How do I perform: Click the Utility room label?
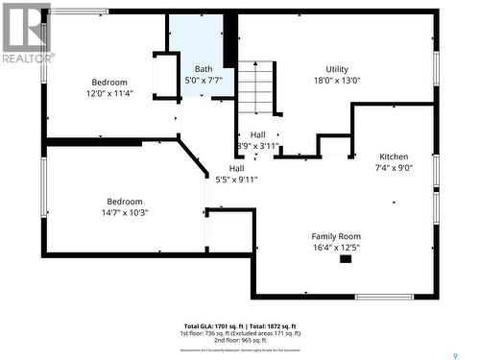[x=337, y=69]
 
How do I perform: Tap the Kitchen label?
[x=394, y=156]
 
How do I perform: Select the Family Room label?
[x=336, y=236]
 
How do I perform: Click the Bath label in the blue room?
[x=204, y=69]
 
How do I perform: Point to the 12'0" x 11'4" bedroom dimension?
[x=109, y=94]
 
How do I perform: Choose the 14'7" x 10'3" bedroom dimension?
[x=125, y=213]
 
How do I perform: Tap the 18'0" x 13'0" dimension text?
[x=337, y=82]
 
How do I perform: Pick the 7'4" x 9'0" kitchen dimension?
[x=394, y=168]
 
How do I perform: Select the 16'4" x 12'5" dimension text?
[x=336, y=248]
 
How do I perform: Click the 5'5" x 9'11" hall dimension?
[x=236, y=180]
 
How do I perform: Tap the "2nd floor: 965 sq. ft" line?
[x=239, y=341]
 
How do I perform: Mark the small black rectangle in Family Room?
[x=346, y=258]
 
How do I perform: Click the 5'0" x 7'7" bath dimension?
[x=204, y=81]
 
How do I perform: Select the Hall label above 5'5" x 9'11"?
[x=236, y=168]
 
